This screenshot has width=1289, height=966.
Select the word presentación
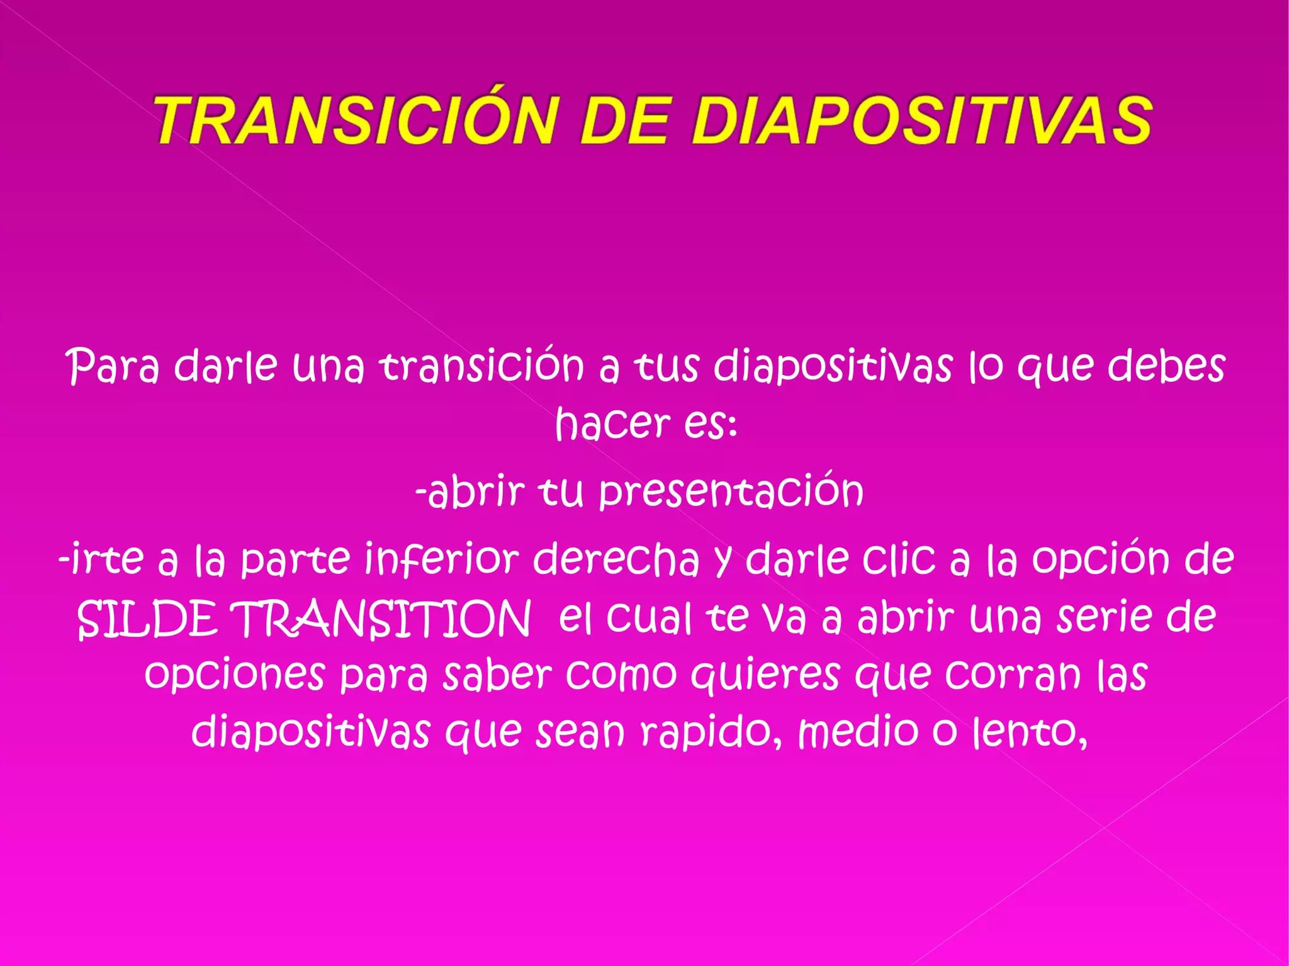(x=730, y=492)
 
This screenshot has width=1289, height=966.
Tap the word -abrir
(x=470, y=492)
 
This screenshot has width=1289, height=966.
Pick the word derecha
(x=616, y=559)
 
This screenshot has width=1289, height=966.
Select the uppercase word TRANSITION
(x=381, y=619)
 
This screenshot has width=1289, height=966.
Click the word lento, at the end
(x=1030, y=732)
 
